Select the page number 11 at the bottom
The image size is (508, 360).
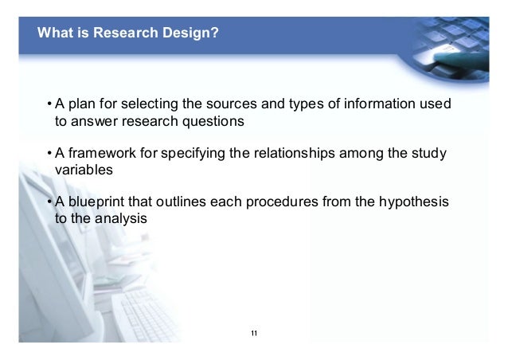253,332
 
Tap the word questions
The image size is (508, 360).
211,122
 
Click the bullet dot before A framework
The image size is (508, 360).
49,154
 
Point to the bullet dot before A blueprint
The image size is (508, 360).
49,202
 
